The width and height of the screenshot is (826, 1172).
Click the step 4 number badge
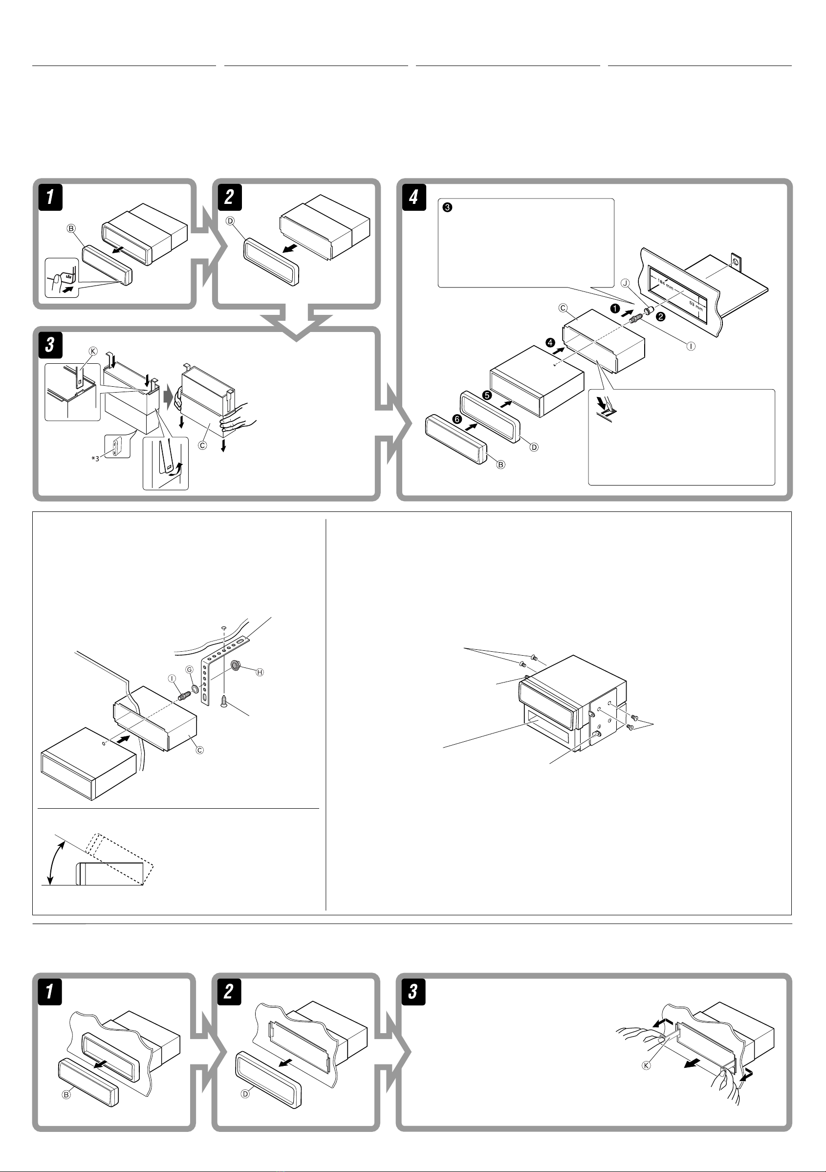[414, 197]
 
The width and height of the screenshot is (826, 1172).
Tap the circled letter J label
[625, 283]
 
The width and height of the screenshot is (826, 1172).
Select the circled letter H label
[260, 672]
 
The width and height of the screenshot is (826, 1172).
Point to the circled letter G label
[189, 669]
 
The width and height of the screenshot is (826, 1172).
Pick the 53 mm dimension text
[696, 306]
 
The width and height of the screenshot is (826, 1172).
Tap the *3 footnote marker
[95, 459]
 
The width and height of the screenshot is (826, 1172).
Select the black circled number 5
[487, 395]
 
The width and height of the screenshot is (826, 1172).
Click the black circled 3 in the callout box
[447, 208]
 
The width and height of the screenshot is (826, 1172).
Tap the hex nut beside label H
[236, 665]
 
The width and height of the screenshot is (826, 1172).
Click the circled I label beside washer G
[172, 678]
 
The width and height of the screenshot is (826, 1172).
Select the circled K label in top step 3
[93, 351]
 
